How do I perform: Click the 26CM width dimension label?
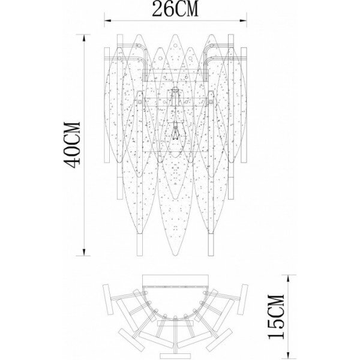click(175, 9)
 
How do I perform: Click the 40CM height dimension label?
click(73, 145)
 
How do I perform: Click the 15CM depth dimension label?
click(276, 317)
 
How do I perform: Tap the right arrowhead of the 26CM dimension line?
click(243, 21)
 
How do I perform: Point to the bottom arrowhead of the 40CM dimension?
click(84, 252)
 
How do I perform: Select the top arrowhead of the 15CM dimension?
click(289, 278)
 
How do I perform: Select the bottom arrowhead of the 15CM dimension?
click(289, 355)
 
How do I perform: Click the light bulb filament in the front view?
click(175, 132)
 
